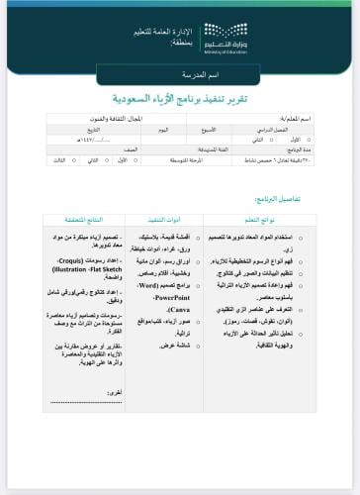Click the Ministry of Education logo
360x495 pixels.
click(236, 41)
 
